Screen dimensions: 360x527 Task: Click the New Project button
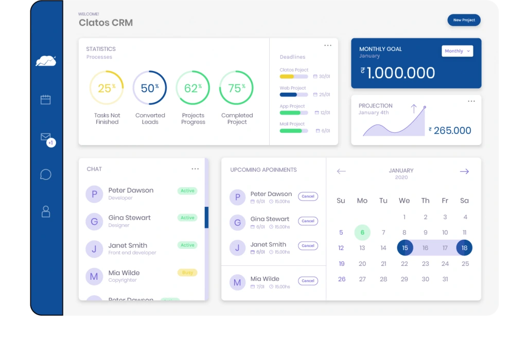pos(464,20)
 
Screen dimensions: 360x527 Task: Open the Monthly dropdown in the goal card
pos(457,51)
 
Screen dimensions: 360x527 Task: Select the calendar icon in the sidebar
pos(46,100)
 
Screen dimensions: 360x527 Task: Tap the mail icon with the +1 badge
pos(46,138)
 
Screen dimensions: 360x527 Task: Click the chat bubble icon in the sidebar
pos(46,174)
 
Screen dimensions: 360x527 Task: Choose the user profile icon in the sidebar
pos(46,211)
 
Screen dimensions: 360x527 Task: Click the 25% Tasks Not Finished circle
pos(107,88)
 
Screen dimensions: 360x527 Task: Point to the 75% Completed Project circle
pos(237,88)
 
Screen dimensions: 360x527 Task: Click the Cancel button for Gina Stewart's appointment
pos(308,221)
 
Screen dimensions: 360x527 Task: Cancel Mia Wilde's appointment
pos(308,281)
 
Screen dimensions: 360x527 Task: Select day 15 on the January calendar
pos(405,248)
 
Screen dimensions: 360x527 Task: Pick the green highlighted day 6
pos(362,232)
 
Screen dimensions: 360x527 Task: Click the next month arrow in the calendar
pos(464,171)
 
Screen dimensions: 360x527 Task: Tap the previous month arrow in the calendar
pos(341,171)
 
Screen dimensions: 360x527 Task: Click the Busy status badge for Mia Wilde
pos(187,273)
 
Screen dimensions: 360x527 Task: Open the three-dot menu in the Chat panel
pos(195,169)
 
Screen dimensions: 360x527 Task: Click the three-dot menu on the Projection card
pos(471,101)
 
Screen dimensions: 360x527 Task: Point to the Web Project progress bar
pos(293,95)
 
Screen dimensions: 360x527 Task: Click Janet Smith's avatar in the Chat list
pos(94,249)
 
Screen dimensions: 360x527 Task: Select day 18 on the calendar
pos(464,248)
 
